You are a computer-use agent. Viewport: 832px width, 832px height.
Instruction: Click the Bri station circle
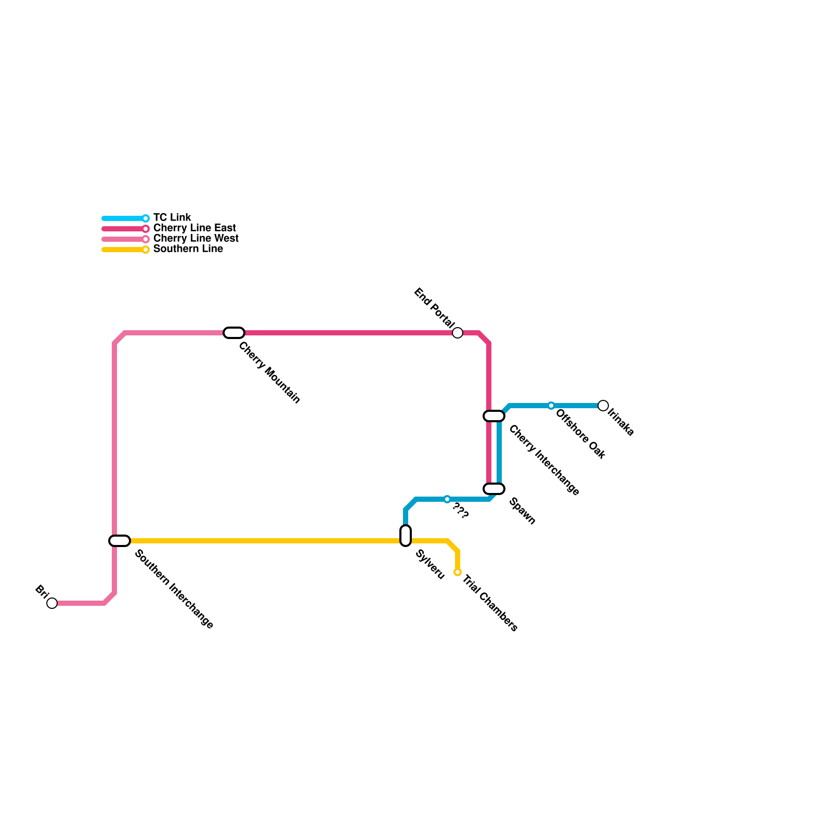[x=52, y=603]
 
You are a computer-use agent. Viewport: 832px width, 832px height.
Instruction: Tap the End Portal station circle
[x=458, y=333]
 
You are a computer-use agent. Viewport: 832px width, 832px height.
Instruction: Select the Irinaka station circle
[x=603, y=406]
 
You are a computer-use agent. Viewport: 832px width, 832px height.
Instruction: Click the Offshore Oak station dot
[x=551, y=406]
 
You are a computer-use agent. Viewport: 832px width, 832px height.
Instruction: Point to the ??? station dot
[x=447, y=499]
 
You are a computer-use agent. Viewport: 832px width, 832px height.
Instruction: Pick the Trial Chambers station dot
[x=458, y=572]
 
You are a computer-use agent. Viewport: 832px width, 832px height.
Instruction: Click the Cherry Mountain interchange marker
[x=234, y=333]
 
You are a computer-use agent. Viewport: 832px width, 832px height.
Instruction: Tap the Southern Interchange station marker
[x=120, y=541]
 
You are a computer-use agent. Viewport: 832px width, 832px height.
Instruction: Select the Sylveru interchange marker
[x=406, y=536]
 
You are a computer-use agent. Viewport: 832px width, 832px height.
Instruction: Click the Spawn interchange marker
[x=494, y=489]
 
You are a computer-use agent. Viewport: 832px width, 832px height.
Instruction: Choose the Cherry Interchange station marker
[x=494, y=416]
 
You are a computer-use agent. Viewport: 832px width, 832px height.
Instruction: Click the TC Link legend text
[x=172, y=217]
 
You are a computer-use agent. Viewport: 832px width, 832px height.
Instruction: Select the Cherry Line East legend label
[x=194, y=228]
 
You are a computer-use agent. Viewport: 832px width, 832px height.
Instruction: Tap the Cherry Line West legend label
[x=196, y=238]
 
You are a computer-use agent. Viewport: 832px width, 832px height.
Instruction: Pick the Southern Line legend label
[x=188, y=249]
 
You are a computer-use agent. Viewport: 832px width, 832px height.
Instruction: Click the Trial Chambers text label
[x=489, y=603]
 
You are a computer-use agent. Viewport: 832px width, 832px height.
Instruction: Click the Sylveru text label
[x=430, y=565]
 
